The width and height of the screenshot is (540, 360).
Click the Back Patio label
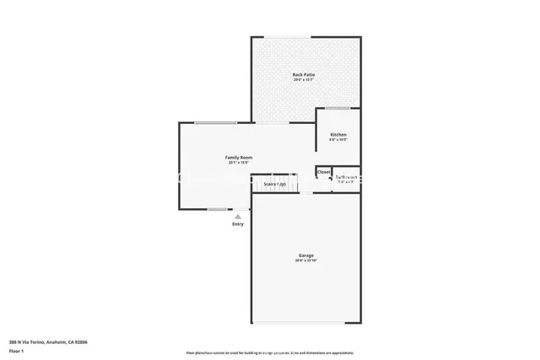[304, 74]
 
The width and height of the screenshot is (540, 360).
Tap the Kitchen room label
[337, 135]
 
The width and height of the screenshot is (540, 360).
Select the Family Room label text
[239, 158]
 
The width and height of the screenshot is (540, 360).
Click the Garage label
[305, 255]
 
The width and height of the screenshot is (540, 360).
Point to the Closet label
[324, 172]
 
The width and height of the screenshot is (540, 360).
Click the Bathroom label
[346, 177]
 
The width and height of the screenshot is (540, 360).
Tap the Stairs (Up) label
[274, 184]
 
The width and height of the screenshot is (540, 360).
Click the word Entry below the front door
[238, 223]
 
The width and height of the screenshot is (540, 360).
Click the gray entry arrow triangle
[238, 216]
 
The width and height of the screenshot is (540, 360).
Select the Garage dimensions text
[305, 261]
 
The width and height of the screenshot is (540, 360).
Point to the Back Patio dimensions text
[304, 80]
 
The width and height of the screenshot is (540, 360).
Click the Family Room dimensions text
[239, 164]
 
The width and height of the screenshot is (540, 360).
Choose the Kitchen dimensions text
[337, 141]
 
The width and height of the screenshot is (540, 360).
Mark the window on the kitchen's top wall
[337, 108]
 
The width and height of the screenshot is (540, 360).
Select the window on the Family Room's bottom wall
[217, 209]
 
